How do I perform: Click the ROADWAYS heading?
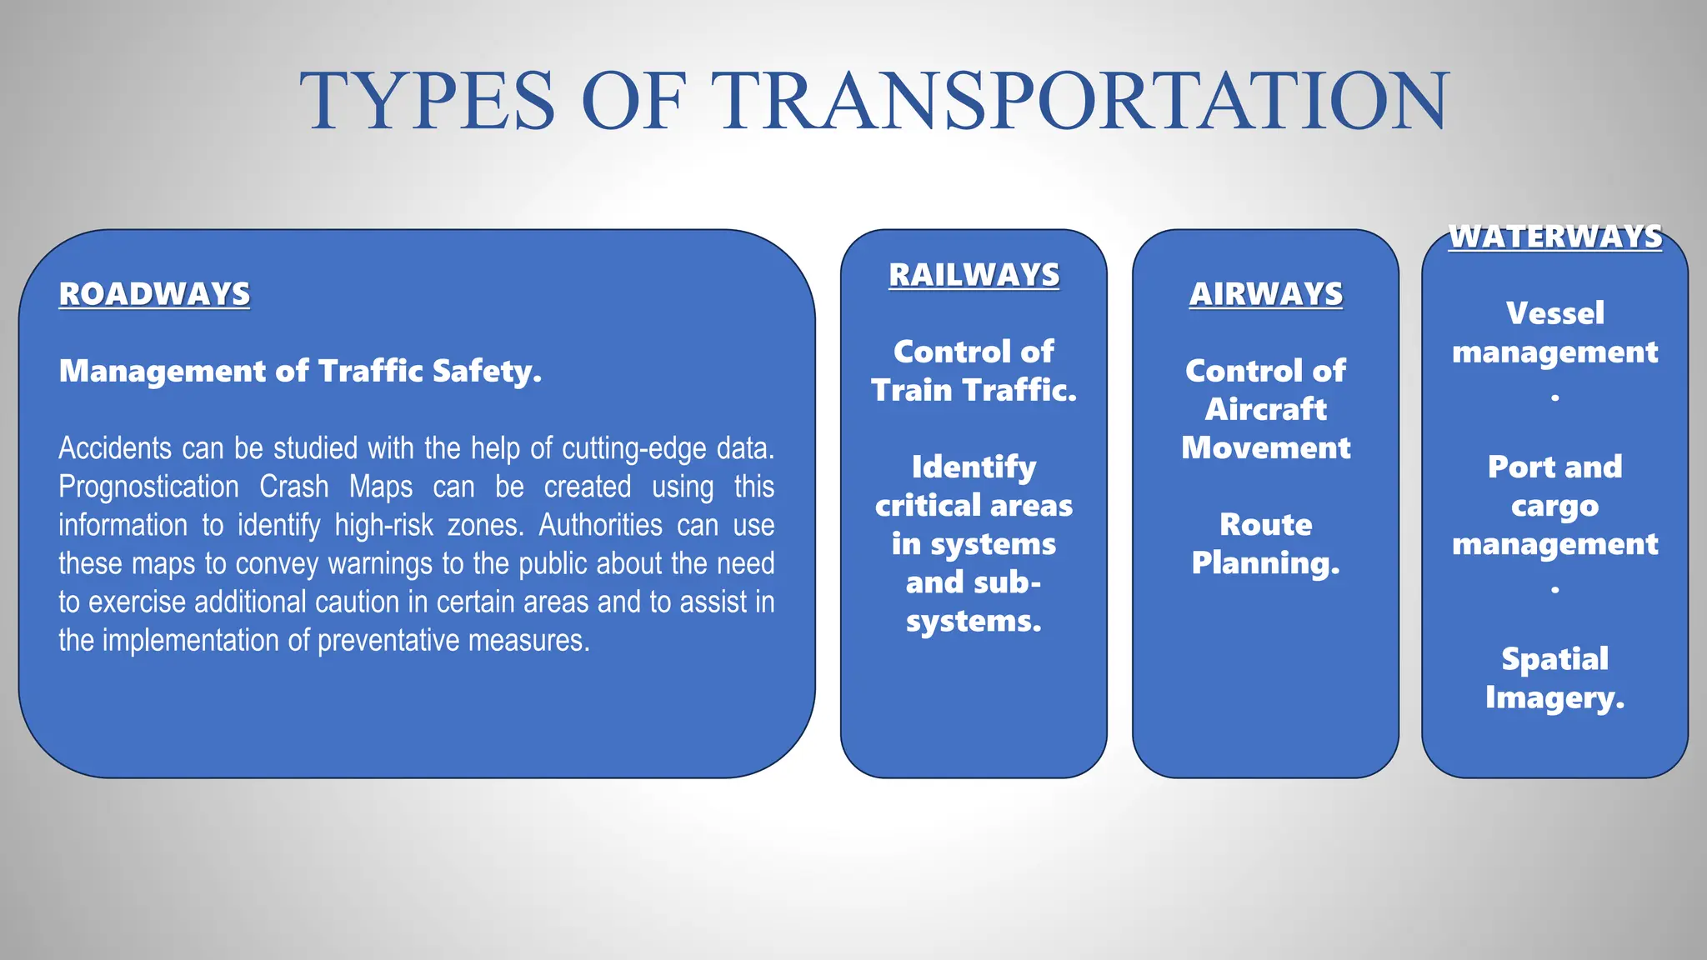pos(154,294)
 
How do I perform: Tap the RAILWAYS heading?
pos(974,275)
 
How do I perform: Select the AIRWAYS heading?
pos(1265,294)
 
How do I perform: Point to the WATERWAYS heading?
pos(1554,237)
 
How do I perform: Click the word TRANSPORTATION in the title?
pos(1084,102)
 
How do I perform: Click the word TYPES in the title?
pos(428,102)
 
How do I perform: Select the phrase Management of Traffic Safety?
pos(300,371)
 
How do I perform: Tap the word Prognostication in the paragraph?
pos(148,487)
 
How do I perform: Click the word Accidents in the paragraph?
pos(114,448)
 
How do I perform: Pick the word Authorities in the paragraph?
pos(600,525)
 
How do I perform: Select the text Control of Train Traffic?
pos(974,371)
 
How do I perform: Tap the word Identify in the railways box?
pos(974,467)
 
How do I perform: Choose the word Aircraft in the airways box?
pos(1265,409)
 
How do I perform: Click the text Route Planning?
pos(1265,543)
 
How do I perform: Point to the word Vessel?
pos(1554,313)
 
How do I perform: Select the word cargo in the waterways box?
pos(1554,506)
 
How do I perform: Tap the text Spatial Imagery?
pos(1554,678)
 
